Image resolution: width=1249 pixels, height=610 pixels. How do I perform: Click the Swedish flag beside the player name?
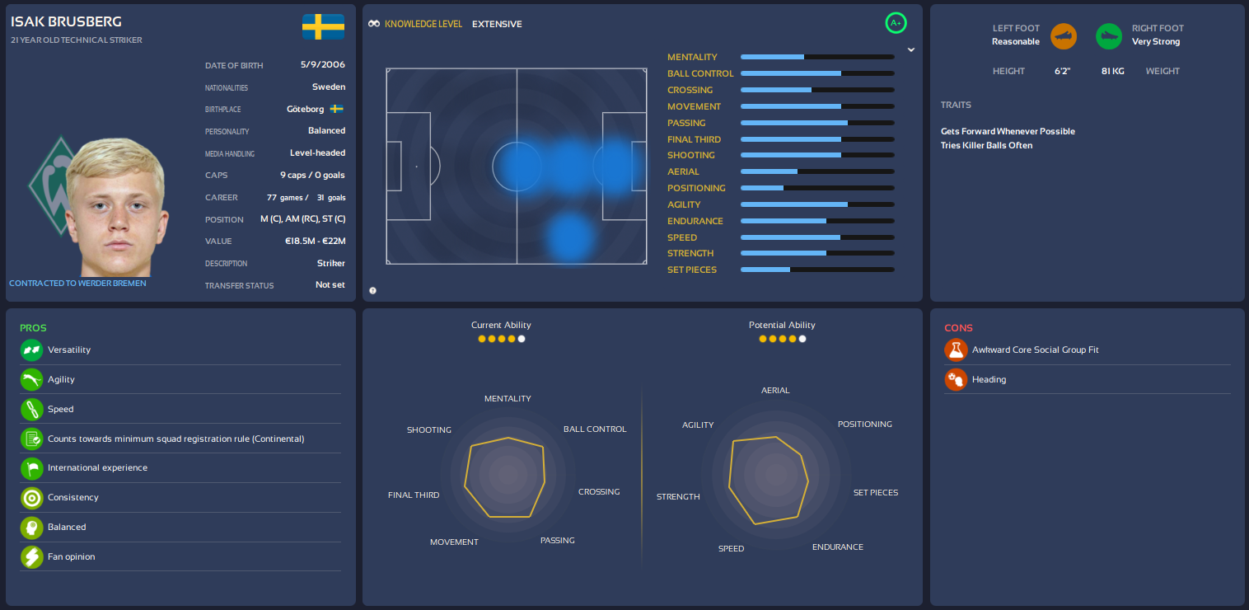point(323,26)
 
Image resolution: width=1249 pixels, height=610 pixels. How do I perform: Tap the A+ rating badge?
point(896,23)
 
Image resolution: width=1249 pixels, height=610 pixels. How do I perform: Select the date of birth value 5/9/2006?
point(323,64)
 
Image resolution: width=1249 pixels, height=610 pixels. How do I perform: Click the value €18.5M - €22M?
point(314,241)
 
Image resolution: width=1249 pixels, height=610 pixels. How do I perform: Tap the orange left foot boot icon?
point(1064,35)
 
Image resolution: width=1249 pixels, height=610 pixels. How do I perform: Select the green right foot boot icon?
point(1108,35)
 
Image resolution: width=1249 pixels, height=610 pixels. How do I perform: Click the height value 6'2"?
point(1062,71)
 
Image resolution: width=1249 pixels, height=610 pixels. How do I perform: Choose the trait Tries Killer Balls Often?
point(986,145)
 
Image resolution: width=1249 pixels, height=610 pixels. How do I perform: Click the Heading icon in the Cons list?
point(956,379)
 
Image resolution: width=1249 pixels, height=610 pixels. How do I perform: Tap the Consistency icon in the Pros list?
point(31,498)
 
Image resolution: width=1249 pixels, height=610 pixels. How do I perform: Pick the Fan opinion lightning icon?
point(31,557)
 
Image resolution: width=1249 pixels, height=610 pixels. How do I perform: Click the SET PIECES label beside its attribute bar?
point(692,270)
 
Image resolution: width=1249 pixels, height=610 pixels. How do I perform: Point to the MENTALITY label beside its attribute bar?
point(692,57)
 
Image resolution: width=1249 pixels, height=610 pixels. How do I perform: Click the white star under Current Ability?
point(522,339)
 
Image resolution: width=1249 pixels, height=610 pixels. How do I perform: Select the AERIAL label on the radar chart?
point(775,390)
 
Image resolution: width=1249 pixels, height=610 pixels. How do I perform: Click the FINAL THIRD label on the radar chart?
point(414,495)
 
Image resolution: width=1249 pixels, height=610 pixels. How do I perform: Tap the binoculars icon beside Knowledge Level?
point(374,24)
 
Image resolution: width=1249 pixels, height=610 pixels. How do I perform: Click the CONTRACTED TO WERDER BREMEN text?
point(77,284)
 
